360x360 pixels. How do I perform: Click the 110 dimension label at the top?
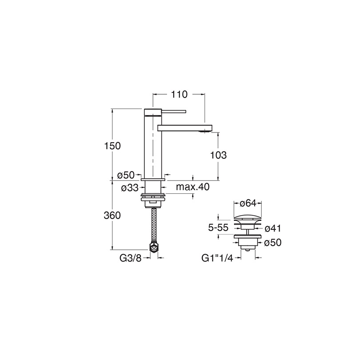coord(179,94)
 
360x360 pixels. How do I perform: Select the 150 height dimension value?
coord(112,146)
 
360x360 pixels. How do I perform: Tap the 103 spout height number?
coord(218,155)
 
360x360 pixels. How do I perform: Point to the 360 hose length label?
coord(112,216)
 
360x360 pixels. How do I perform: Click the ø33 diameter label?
coord(130,188)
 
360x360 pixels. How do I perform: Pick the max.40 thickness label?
coord(192,187)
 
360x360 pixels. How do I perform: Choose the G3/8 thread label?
coord(130,258)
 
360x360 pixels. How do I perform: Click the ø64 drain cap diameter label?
coord(248,204)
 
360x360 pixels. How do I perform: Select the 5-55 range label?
coord(218,228)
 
